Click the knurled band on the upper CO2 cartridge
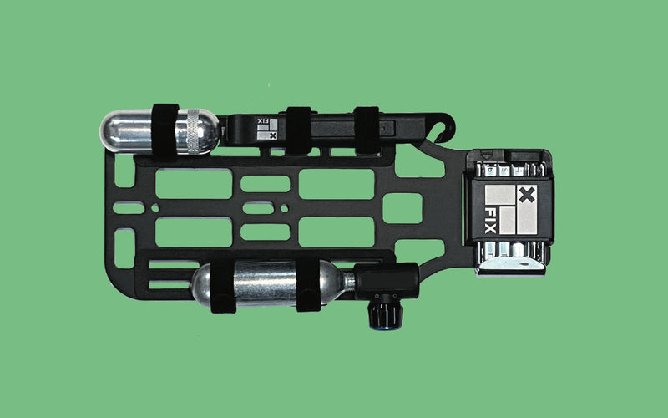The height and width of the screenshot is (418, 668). coord(193,131)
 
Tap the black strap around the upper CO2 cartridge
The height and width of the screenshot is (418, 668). coord(164,130)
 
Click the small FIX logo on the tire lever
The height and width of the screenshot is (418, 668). coord(267,129)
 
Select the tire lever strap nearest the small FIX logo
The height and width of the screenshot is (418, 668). coord(298,130)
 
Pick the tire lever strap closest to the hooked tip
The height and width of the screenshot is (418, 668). coord(367,130)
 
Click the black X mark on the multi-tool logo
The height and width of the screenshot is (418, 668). coord(527,195)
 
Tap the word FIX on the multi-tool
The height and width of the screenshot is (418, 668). coord(490,221)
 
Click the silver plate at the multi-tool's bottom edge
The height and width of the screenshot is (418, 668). coord(511,266)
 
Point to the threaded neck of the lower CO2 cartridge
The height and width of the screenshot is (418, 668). coord(349,281)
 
